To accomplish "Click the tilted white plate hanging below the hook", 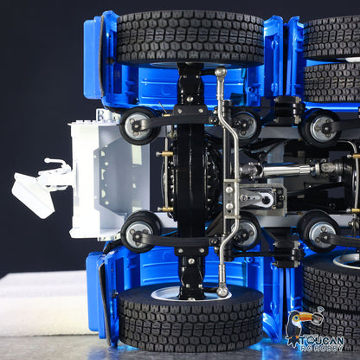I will click(33, 195).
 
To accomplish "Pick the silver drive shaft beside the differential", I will click(290, 170).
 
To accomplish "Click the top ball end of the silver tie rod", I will click(220, 74).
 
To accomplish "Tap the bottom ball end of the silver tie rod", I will click(222, 292).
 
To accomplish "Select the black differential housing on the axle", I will click(192, 177).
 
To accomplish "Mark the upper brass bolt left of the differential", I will click(164, 154).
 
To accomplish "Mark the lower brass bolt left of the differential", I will click(164, 209).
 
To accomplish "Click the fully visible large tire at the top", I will click(190, 38).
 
